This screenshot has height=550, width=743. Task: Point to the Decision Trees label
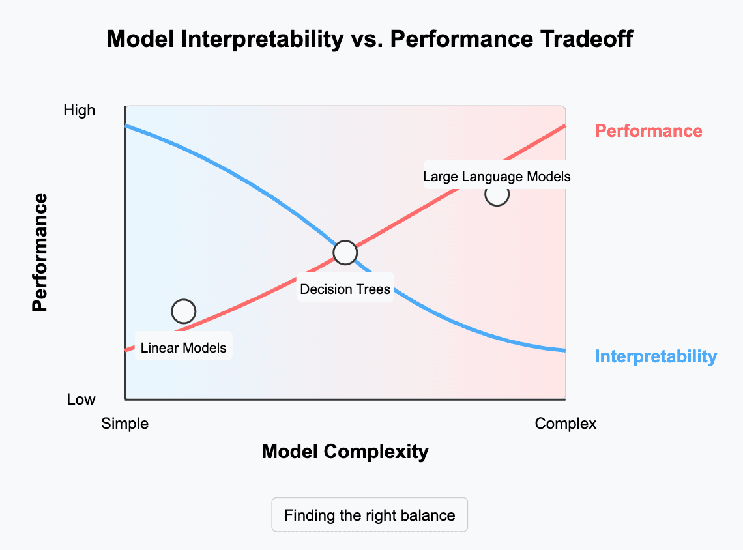tap(345, 289)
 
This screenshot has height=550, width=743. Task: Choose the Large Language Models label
tap(497, 176)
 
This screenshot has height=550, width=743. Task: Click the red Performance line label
tap(648, 131)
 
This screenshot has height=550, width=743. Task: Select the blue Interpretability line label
tap(656, 356)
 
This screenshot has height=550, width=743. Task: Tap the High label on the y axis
tap(79, 110)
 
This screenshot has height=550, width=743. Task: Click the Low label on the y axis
tap(81, 399)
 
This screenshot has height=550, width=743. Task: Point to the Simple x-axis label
tap(124, 424)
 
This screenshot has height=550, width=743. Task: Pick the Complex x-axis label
tap(565, 424)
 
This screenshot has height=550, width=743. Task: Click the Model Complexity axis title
tap(345, 452)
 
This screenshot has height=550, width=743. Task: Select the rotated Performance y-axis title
tap(40, 252)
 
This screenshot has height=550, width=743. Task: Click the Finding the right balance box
tap(370, 515)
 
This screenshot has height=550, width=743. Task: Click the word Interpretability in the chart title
tap(263, 39)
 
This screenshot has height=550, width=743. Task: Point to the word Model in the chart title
tap(141, 39)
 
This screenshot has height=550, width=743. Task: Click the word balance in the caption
tap(428, 515)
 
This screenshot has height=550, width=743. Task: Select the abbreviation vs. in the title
tap(368, 40)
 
